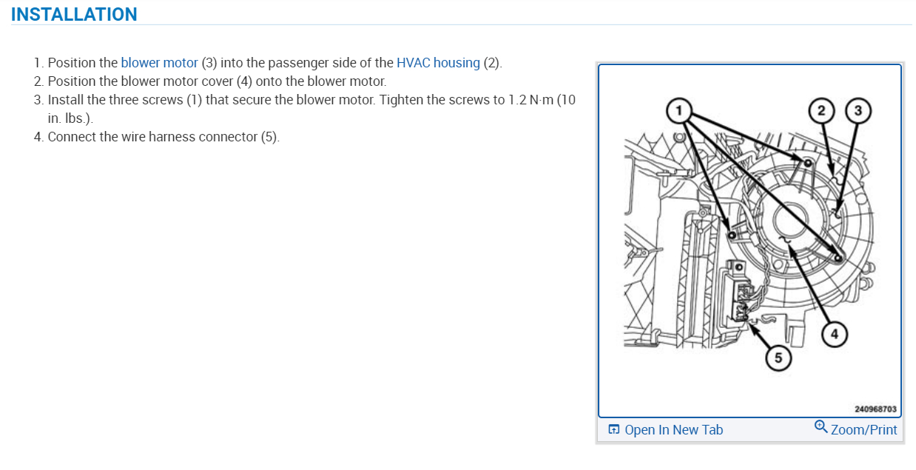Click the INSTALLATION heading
(74, 14)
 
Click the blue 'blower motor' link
(159, 63)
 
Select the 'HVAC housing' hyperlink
(438, 63)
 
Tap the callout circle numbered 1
(676, 112)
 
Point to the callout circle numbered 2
(820, 111)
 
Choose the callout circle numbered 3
(858, 111)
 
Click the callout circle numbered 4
(835, 334)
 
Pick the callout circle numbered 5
(778, 358)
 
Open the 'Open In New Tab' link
(673, 430)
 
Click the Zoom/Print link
(863, 430)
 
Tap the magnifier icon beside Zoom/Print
(821, 427)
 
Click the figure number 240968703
(875, 409)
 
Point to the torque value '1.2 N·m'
(531, 100)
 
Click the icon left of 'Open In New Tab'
(613, 430)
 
